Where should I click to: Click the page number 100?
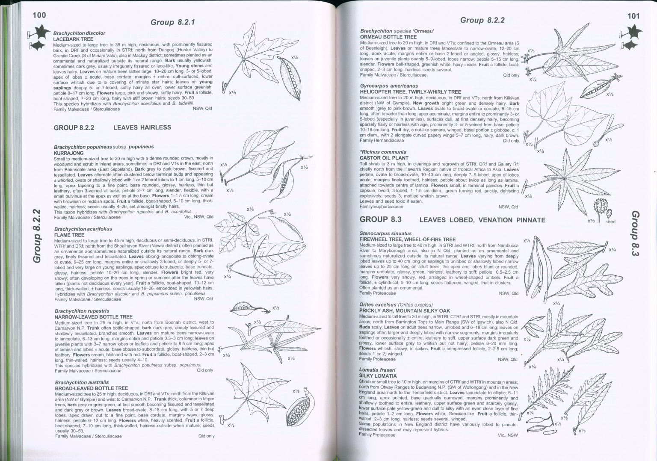click(39, 15)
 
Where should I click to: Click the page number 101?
click(633, 16)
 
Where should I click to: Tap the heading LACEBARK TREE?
click(73, 39)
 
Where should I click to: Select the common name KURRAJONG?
click(68, 153)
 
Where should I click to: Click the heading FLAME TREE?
click(69, 235)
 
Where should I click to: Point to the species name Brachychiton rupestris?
click(82, 311)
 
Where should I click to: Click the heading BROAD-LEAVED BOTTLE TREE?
click(91, 388)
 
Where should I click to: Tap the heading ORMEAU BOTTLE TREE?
click(388, 37)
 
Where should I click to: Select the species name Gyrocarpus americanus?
click(389, 86)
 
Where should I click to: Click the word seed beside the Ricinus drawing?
click(610, 222)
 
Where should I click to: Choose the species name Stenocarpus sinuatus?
click(385, 233)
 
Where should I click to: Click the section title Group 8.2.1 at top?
click(173, 22)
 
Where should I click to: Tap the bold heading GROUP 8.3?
click(380, 219)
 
